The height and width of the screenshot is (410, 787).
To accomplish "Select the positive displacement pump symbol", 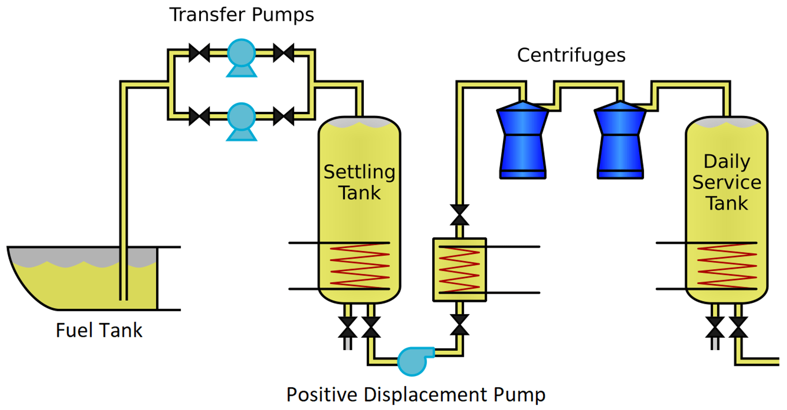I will pos(414,361).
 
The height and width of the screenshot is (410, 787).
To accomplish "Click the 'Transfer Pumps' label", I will pos(242,15).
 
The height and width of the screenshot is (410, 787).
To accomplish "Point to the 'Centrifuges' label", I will pos(571,55).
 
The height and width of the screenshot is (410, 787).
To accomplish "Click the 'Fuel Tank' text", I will pos(99,330).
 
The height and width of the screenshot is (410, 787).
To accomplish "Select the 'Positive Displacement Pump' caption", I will pos(416,394).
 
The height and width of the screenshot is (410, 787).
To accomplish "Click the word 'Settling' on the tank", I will pos(359,172).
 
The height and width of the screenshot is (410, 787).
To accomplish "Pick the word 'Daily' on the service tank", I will pos(727,161).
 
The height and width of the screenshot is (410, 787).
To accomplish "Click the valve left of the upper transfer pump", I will pos(199,53).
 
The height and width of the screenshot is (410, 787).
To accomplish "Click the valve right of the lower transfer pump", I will pos(284,116).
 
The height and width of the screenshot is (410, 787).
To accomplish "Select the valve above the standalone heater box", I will pos(459,215).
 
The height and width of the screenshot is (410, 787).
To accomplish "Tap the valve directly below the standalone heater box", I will pos(459,325).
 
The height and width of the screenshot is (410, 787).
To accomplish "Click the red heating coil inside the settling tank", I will pos(360,266).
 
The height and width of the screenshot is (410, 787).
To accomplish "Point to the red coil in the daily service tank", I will pos(727,266).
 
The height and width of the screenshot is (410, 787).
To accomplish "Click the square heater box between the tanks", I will pos(459,269).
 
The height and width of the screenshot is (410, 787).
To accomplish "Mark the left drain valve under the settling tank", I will pos(348,327).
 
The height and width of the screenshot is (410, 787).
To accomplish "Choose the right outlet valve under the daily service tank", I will pos(738,327).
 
